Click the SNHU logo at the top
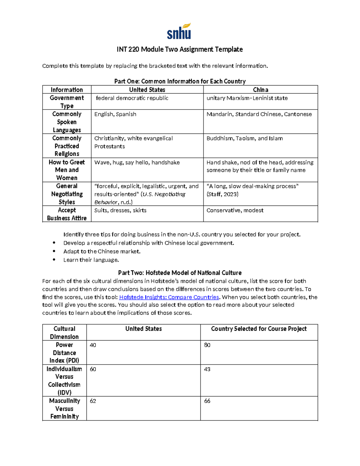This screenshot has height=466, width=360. [179, 32]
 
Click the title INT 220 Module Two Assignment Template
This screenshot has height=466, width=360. [180, 49]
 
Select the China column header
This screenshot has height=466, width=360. [260, 90]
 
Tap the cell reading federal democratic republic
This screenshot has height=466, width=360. [132, 98]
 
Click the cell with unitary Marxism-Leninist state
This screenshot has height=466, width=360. [247, 98]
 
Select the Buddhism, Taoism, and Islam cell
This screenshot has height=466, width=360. [244, 138]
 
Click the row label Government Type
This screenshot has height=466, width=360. [67, 102]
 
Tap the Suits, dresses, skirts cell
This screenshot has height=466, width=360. [120, 210]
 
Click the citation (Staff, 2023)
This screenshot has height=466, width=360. [222, 194]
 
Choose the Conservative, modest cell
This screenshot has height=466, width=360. [235, 210]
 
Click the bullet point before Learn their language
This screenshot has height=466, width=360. [54, 260]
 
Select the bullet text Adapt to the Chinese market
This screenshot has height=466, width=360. [102, 251]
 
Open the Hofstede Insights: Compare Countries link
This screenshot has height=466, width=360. [169, 297]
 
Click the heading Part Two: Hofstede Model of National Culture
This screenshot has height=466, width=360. [180, 273]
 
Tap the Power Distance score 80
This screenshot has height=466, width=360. [207, 345]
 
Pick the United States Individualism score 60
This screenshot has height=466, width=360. [93, 369]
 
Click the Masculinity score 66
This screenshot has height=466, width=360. [207, 401]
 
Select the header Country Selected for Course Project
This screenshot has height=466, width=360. [259, 329]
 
